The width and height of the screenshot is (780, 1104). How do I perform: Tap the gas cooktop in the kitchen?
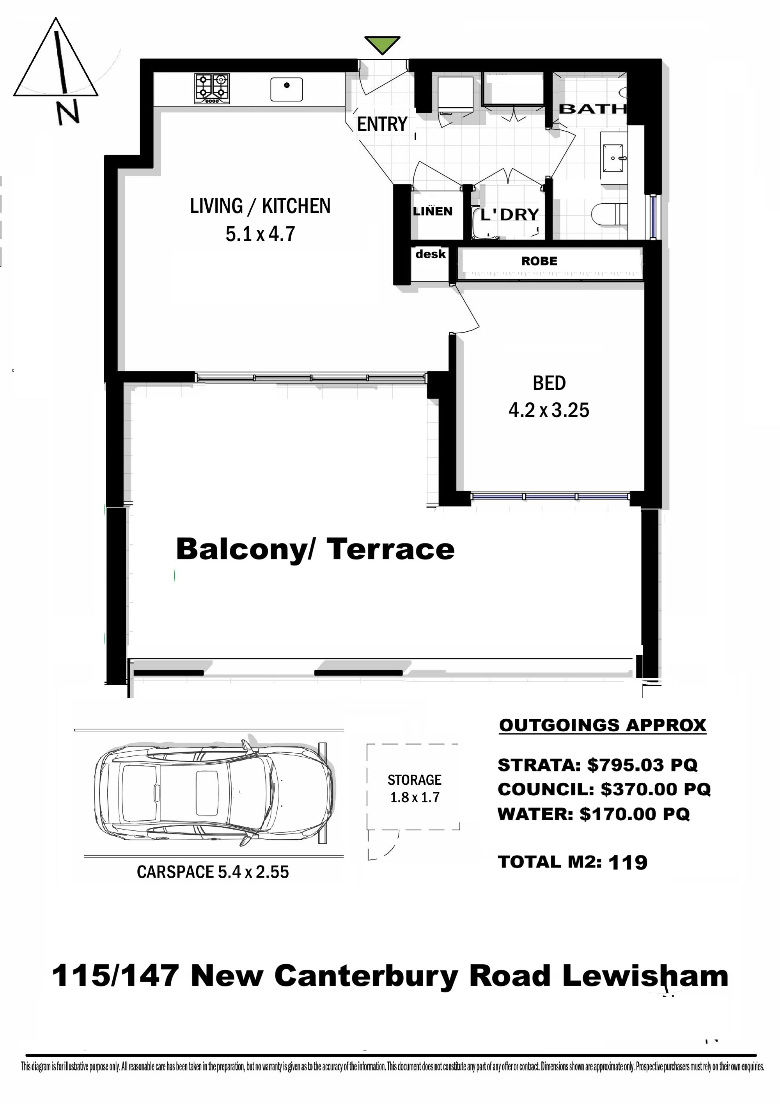point(212,89)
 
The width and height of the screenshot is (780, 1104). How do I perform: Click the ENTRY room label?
point(382,124)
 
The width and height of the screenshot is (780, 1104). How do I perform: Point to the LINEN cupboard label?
point(433,211)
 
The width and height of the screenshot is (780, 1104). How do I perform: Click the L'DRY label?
point(510,215)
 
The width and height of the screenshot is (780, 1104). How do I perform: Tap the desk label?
point(431,254)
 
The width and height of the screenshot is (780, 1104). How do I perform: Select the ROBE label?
point(539,261)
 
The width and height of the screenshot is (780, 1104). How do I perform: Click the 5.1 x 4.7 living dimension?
point(260,234)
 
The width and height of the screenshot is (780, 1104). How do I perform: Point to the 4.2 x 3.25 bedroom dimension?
point(549,410)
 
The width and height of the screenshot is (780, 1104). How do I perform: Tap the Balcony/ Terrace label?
point(315,549)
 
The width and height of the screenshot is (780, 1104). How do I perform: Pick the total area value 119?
point(628,862)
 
